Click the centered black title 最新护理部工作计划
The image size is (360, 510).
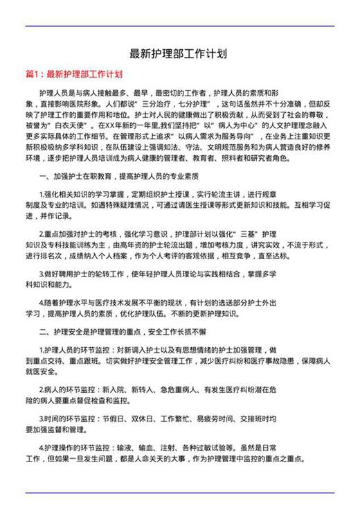tap(179, 53)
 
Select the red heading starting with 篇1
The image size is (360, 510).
tap(74, 73)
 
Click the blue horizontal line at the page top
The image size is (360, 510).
tap(179, 26)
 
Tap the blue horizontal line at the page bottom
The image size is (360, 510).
tap(179, 493)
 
